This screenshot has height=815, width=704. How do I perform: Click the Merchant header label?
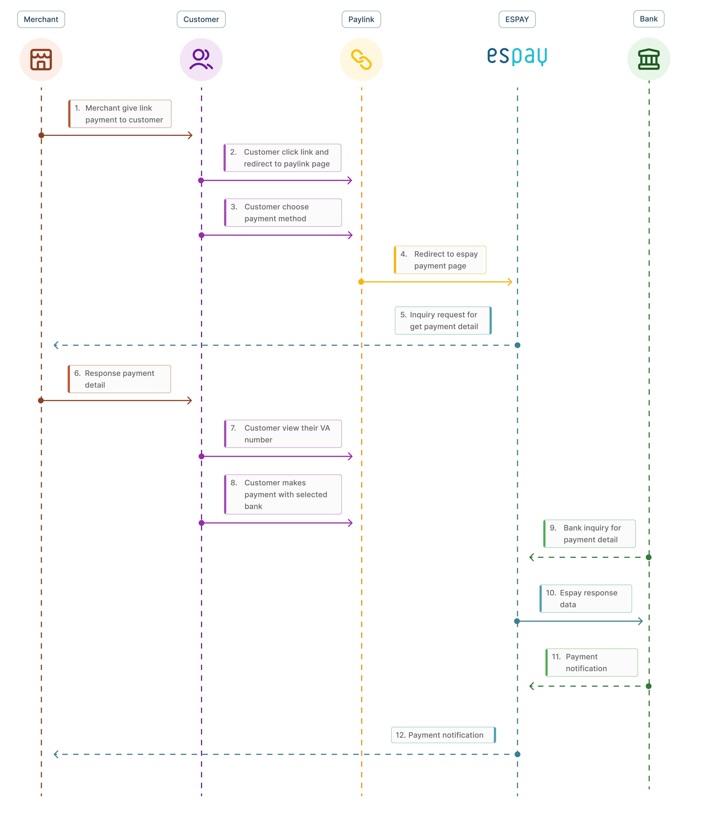click(x=41, y=19)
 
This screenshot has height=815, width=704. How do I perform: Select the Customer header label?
click(x=201, y=19)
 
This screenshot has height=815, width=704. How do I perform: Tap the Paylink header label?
click(x=361, y=19)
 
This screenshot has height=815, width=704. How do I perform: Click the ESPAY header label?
click(x=517, y=19)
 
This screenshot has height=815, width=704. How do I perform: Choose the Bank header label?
click(x=648, y=19)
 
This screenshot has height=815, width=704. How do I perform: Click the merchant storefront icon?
click(x=41, y=59)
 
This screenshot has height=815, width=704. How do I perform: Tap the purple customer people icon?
click(x=201, y=59)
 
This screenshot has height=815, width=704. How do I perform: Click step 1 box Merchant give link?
click(x=120, y=114)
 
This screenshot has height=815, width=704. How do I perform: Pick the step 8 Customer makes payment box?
click(x=283, y=494)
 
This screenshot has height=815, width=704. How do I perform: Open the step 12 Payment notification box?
click(x=443, y=735)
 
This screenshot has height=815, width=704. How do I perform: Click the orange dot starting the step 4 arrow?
click(x=361, y=282)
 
